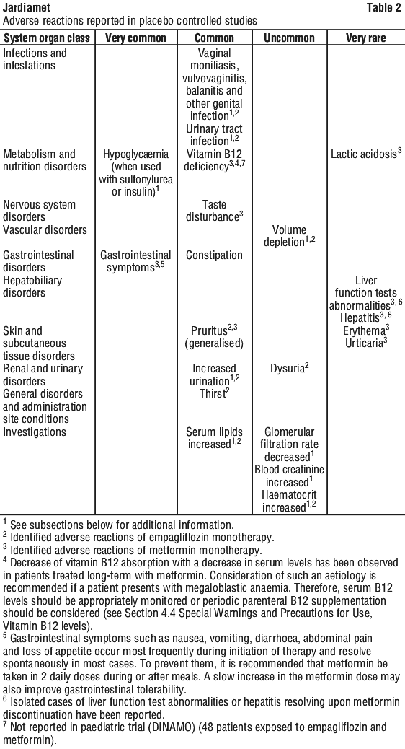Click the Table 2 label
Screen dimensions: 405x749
tap(385, 8)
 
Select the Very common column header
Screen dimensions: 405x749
tap(135, 38)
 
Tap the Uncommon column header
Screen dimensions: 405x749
tap(289, 38)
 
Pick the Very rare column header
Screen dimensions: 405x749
tap(365, 38)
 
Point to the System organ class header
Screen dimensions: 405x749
tap(46, 38)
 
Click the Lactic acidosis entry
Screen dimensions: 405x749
tap(365, 154)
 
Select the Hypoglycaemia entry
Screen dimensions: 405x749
tap(136, 154)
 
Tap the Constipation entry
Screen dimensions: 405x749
tap(214, 255)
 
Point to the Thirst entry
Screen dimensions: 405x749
tap(213, 393)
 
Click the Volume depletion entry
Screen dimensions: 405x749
tap(289, 236)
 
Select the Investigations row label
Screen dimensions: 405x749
tap(35, 432)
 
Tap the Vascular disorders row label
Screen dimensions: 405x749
tap(45, 229)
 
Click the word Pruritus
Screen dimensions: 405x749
tap(208, 330)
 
